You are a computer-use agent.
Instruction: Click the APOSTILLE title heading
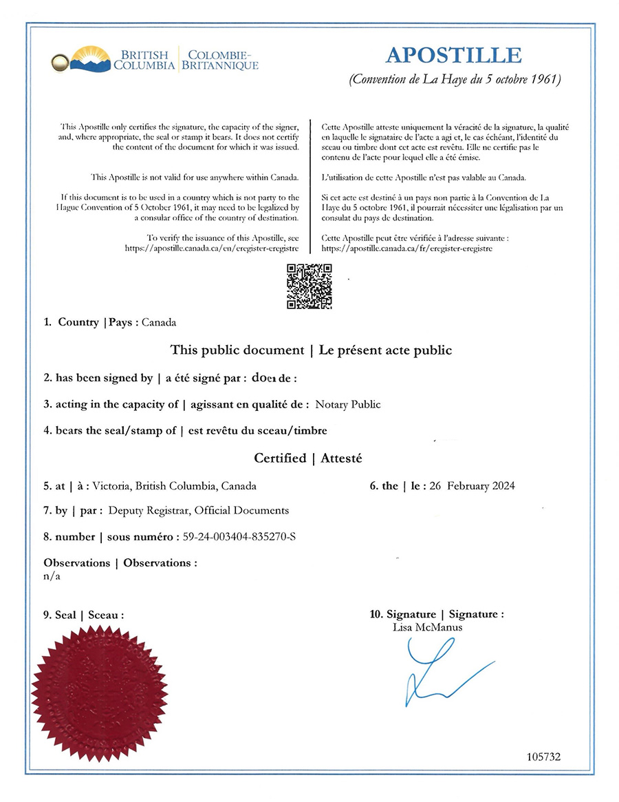pyautogui.click(x=453, y=55)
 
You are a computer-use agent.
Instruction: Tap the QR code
pyautogui.click(x=309, y=286)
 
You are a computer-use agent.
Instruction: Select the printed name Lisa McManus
pyautogui.click(x=427, y=627)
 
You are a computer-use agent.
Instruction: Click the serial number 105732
pyautogui.click(x=543, y=756)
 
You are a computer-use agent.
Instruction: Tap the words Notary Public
pyautogui.click(x=347, y=405)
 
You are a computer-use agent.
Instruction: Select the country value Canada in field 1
pyautogui.click(x=159, y=322)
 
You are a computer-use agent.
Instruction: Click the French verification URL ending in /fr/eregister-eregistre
pyautogui.click(x=406, y=248)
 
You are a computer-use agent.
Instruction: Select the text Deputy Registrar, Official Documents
pyautogui.click(x=198, y=511)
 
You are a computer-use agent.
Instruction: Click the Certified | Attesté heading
pyautogui.click(x=307, y=458)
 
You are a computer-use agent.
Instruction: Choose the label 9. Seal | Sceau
pyautogui.click(x=83, y=615)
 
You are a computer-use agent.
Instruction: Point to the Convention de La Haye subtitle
pyautogui.click(x=455, y=79)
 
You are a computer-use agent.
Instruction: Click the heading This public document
pyautogui.click(x=237, y=350)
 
